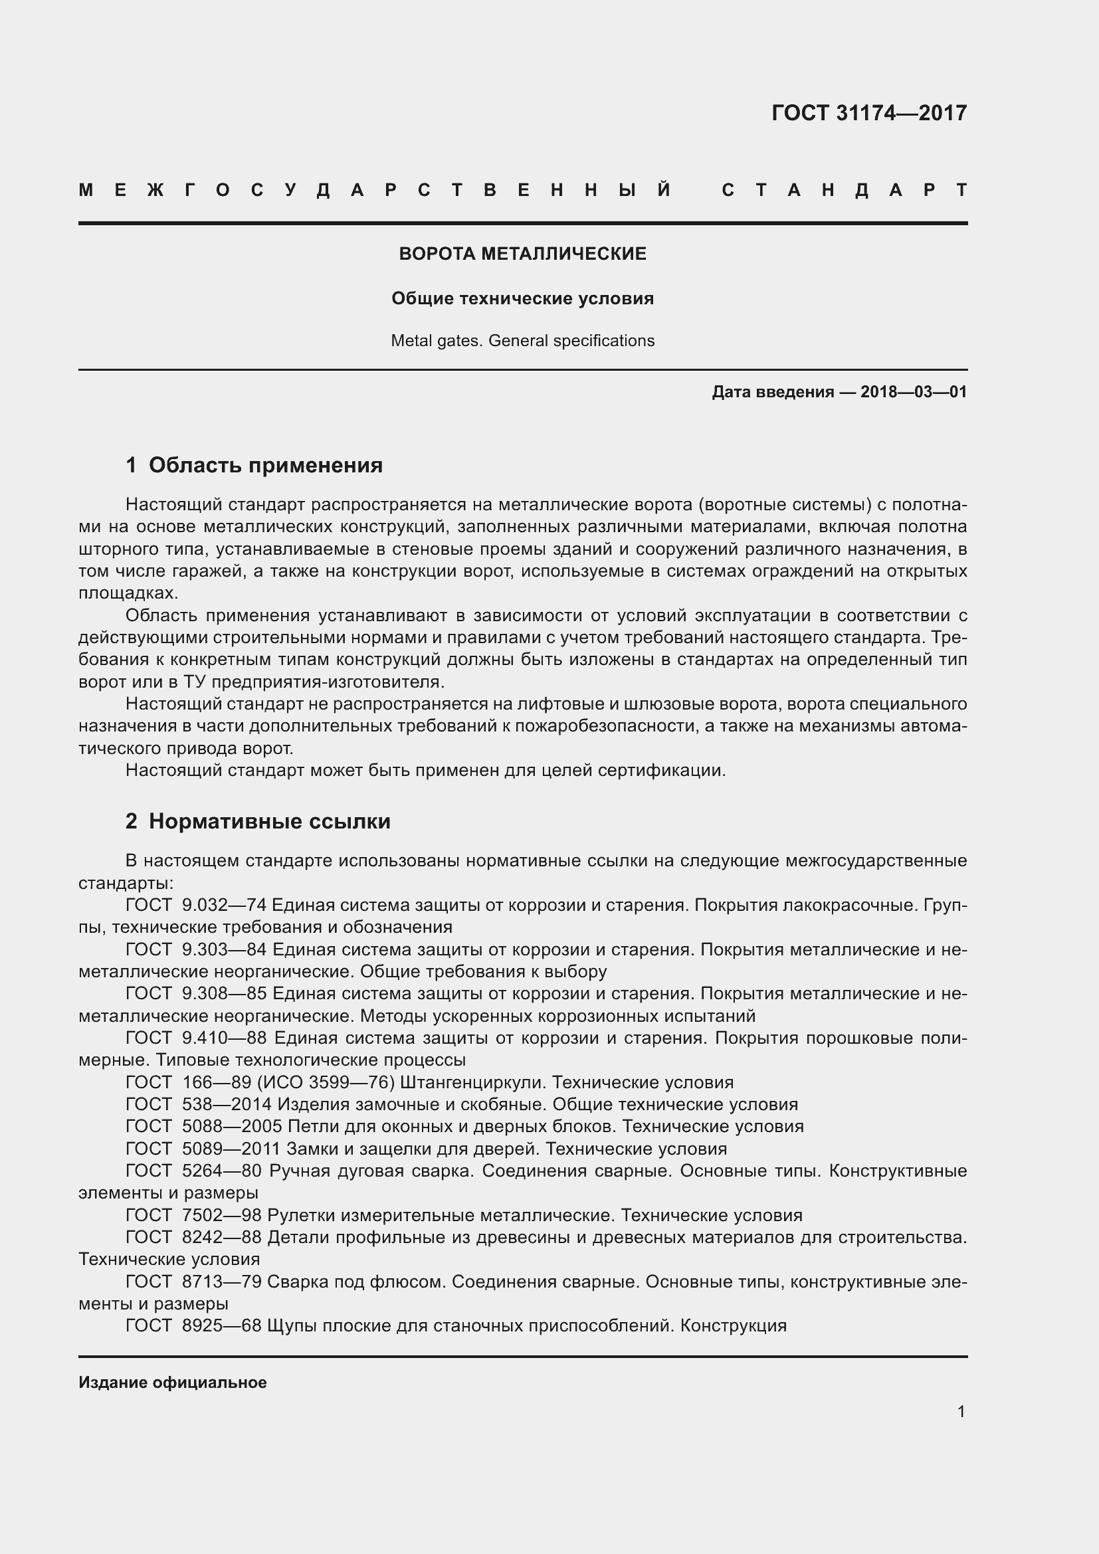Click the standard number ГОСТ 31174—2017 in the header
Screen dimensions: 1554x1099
click(869, 113)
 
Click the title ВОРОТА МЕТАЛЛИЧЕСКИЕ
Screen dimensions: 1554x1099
click(522, 254)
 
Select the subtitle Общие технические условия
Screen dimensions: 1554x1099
click(522, 298)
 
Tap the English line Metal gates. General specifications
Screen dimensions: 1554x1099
click(522, 340)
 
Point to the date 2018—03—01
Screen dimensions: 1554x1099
click(914, 392)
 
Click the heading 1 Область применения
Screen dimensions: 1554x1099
click(254, 465)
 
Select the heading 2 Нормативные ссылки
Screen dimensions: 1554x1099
click(258, 821)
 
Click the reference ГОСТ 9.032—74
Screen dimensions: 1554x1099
click(196, 905)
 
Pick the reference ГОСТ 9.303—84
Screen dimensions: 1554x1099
click(196, 949)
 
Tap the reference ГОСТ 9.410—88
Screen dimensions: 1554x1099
click(196, 1038)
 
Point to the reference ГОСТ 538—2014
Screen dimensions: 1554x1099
click(198, 1105)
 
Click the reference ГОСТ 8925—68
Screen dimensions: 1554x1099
click(193, 1325)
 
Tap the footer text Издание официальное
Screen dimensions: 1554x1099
click(173, 1383)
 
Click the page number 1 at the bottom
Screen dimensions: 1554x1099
click(961, 1411)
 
